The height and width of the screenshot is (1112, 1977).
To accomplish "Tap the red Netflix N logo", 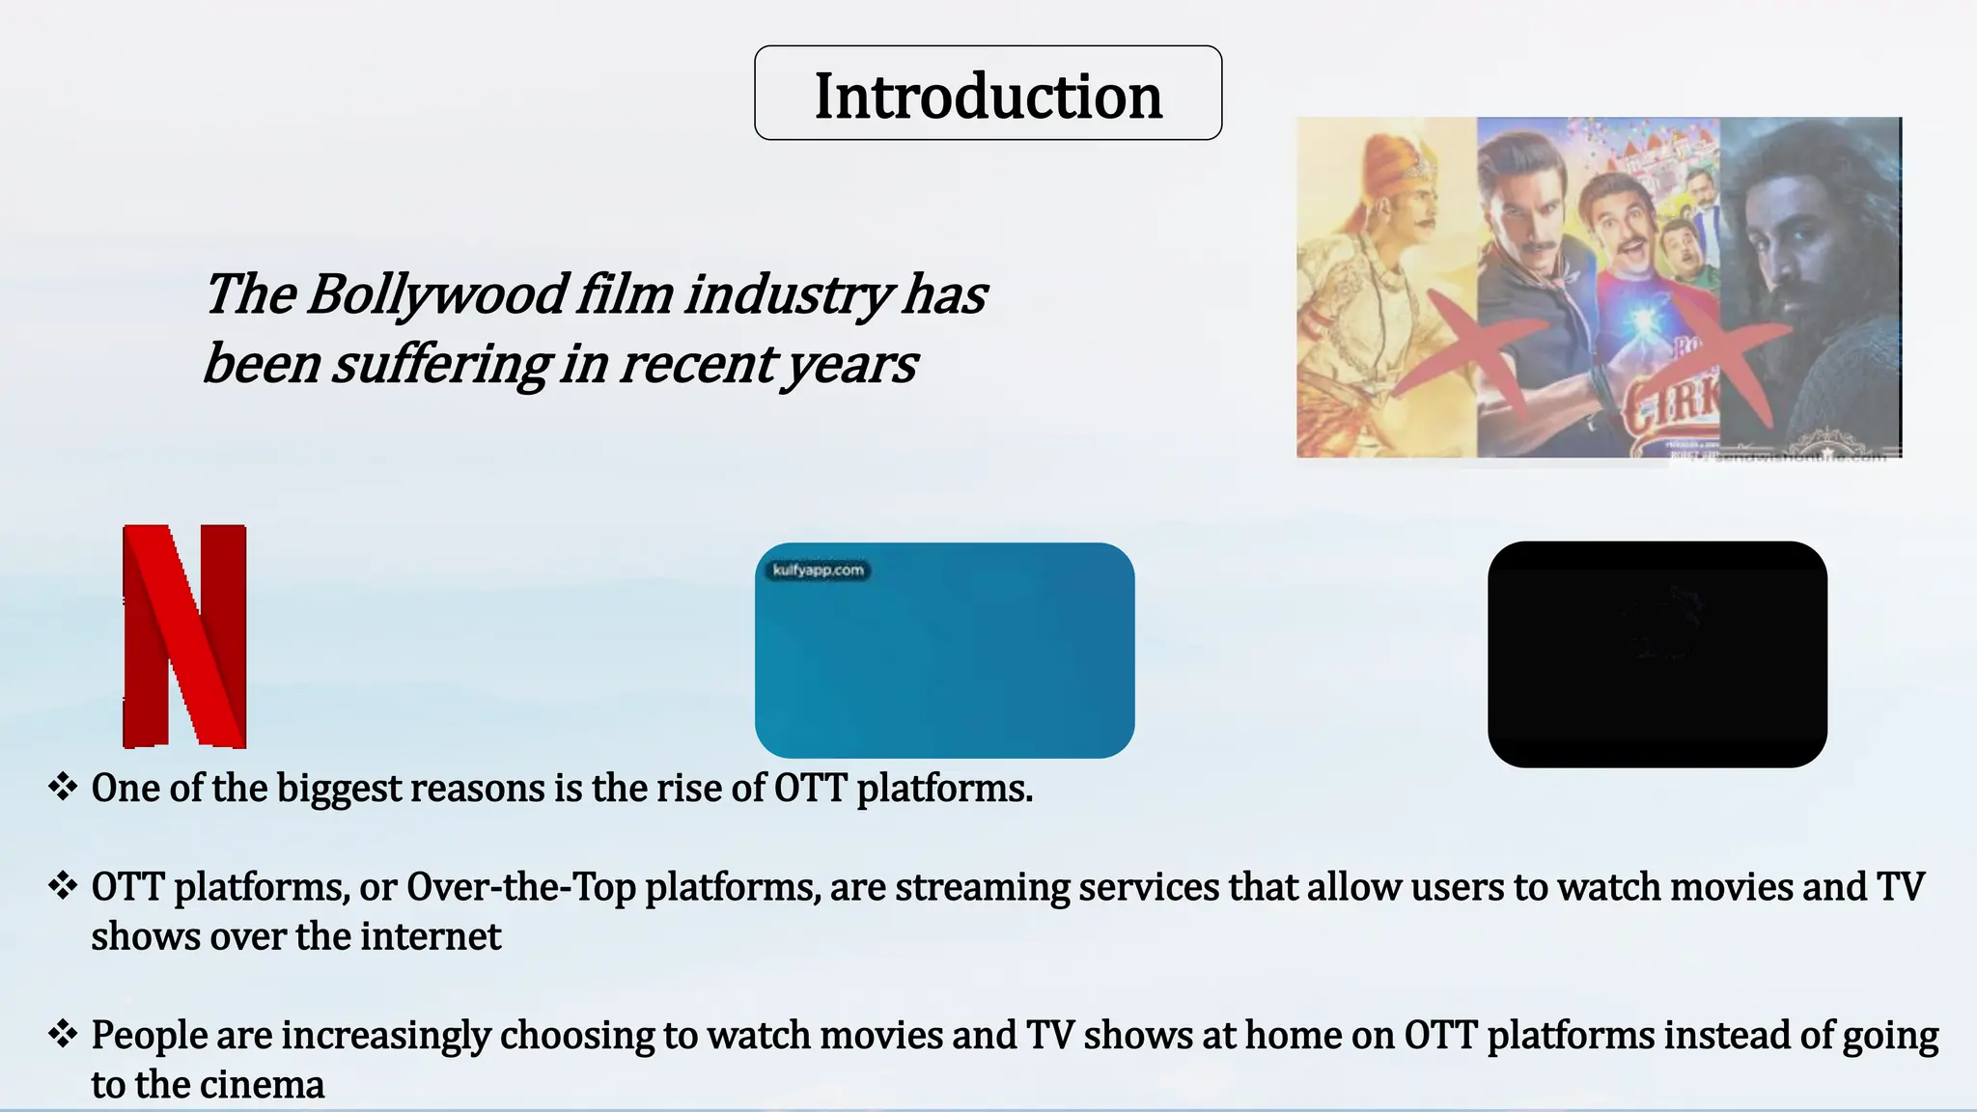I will pyautogui.click(x=184, y=636).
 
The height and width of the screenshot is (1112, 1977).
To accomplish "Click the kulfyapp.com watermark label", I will pyautogui.click(x=818, y=570).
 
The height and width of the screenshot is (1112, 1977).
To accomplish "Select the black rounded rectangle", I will pyautogui.click(x=1657, y=653).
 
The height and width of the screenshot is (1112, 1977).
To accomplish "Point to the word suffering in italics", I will pyautogui.click(x=440, y=365).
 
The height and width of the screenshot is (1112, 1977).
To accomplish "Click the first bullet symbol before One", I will pyautogui.click(x=63, y=787).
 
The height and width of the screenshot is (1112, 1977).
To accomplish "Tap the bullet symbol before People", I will pyautogui.click(x=63, y=1034).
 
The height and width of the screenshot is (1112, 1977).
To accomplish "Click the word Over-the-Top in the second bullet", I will pyautogui.click(x=520, y=886).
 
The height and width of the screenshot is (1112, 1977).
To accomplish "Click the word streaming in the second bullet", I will pyautogui.click(x=982, y=886).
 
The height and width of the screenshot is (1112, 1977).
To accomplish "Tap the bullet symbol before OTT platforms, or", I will pyautogui.click(x=63, y=885).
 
